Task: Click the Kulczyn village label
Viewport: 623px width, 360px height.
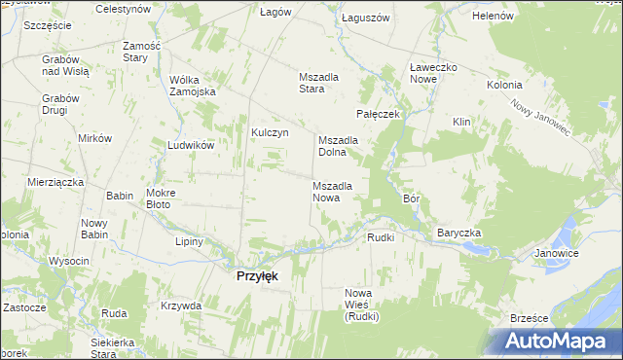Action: (271, 133)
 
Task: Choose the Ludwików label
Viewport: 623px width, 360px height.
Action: (190, 144)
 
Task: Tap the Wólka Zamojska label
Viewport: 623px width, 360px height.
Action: (192, 86)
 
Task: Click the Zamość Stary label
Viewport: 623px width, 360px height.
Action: (141, 52)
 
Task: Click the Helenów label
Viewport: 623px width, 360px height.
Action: (492, 17)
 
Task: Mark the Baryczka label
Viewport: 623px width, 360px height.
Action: (459, 234)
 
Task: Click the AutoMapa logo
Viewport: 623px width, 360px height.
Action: (558, 342)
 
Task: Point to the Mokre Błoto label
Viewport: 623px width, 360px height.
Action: (159, 198)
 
